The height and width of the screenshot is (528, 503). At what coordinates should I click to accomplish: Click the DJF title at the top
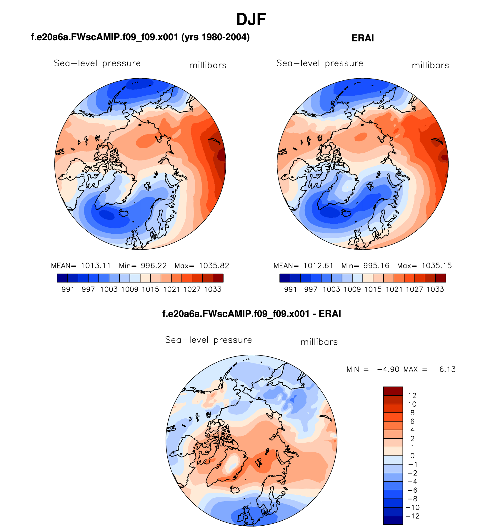tap(251, 19)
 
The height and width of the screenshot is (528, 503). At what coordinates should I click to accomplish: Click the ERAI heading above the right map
tap(362, 38)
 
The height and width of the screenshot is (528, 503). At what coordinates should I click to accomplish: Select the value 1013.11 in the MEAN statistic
tap(96, 265)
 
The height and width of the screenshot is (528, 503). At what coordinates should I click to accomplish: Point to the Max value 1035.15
tap(436, 265)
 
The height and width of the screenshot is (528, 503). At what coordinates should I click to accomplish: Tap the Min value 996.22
tap(154, 265)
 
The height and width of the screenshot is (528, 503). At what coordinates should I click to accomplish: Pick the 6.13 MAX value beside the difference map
tap(447, 369)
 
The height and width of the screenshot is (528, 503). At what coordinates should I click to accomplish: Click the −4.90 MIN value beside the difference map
tap(388, 369)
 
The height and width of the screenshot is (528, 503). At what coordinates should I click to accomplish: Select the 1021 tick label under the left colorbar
tap(171, 289)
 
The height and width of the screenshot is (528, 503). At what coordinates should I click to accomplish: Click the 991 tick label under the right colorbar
tap(290, 289)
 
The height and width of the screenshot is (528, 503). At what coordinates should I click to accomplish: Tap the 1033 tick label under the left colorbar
tap(213, 289)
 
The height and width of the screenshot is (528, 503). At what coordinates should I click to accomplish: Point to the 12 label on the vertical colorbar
tap(412, 396)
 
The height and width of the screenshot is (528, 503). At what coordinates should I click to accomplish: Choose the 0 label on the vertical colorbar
tap(412, 456)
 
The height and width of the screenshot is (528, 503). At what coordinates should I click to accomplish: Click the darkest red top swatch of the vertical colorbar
tap(393, 391)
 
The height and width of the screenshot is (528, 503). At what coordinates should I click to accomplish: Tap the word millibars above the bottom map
tap(319, 342)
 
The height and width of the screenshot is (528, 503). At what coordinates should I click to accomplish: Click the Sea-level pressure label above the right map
tap(320, 63)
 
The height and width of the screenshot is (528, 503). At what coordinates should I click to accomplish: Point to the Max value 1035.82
tap(214, 265)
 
